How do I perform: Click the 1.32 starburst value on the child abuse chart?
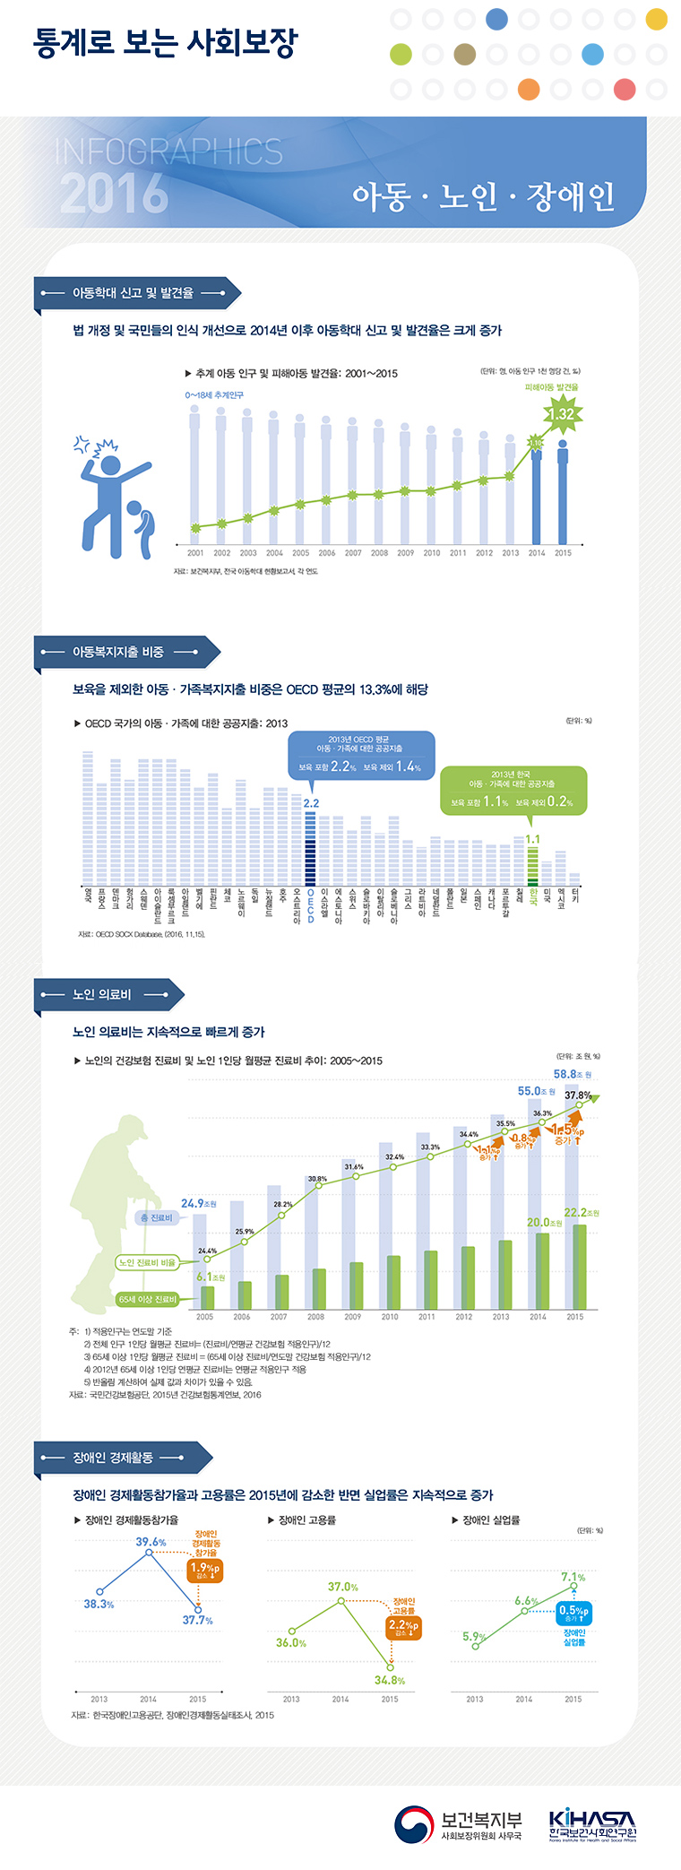(x=562, y=414)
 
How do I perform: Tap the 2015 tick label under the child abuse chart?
(x=563, y=553)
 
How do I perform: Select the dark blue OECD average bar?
(x=311, y=848)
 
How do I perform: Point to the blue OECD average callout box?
(x=361, y=755)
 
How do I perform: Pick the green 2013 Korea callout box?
(x=513, y=790)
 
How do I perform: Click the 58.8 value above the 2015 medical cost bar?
(x=571, y=1074)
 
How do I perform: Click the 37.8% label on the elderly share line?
(x=578, y=1095)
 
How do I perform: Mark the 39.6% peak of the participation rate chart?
(x=151, y=1542)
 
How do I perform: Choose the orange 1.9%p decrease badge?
(x=204, y=1570)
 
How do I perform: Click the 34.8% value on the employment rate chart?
(x=390, y=1680)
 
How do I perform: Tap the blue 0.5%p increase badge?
(x=573, y=1612)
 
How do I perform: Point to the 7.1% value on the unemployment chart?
(x=573, y=1577)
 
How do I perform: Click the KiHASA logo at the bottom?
(x=592, y=1825)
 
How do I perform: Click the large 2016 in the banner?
(x=114, y=193)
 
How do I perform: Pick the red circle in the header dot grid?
(x=625, y=90)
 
